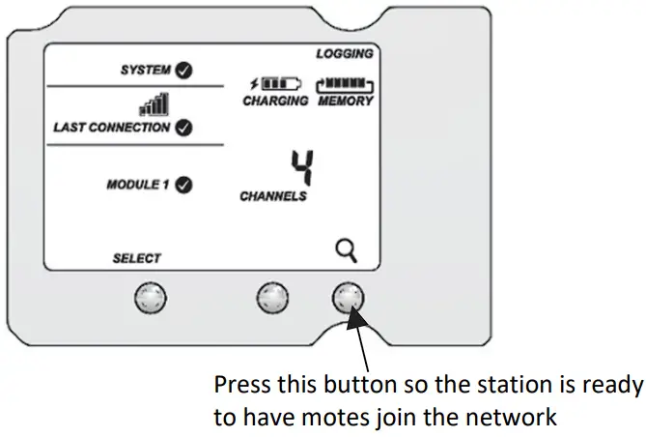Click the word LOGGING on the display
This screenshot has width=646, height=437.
point(345,54)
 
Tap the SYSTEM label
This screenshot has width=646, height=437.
point(145,70)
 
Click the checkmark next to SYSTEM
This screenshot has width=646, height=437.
point(182,70)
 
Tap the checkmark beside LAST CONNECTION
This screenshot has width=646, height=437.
point(183,127)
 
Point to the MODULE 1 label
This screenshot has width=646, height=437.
point(137,184)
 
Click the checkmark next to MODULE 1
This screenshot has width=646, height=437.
point(183,184)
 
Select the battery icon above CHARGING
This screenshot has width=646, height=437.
point(275,84)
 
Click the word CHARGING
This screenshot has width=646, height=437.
point(275,101)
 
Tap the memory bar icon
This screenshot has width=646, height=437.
point(345,84)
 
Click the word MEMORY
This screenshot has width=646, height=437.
point(345,101)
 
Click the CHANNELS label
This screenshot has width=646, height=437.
point(273,196)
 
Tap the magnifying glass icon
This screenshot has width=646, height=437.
point(347,252)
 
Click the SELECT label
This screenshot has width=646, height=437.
point(137,258)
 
